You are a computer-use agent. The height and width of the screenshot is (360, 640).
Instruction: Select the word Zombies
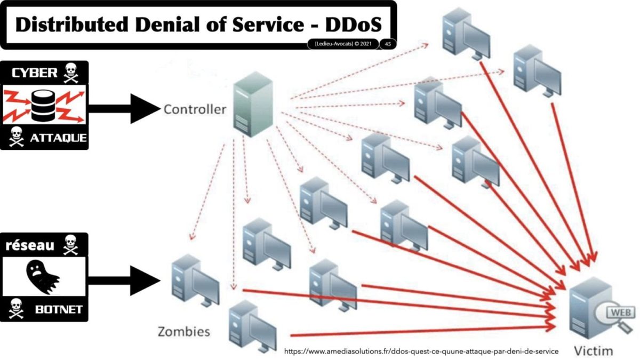pos(183,331)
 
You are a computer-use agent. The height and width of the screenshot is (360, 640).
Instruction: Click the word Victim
pos(593,350)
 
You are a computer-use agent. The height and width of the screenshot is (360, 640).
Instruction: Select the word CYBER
pos(34,74)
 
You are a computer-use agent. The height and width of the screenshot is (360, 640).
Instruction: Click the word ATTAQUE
pos(58,138)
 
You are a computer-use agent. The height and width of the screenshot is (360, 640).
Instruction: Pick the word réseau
pos(30,245)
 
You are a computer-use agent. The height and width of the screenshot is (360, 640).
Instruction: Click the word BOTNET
pos(57,309)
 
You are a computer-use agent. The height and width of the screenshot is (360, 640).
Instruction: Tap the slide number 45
pos(388,44)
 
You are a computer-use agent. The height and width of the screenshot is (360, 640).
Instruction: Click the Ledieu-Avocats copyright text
pos(343,44)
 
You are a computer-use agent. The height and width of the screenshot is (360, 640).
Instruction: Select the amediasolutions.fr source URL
pos(421,351)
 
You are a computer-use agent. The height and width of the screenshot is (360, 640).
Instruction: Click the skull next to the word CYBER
pos(70,74)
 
